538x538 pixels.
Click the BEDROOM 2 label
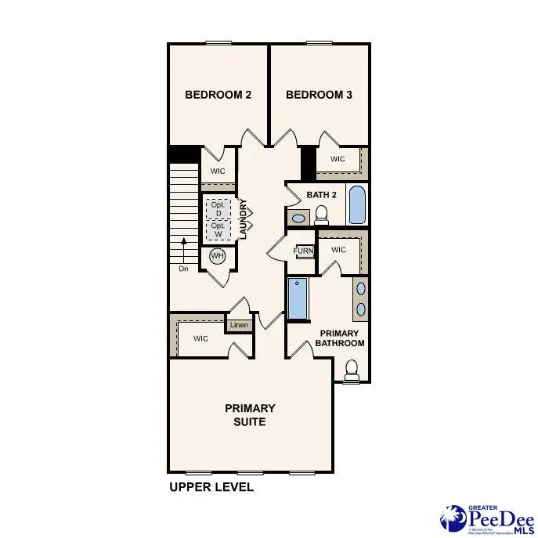[218, 95]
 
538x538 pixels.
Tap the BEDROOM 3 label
[319, 95]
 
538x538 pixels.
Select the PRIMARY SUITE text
[250, 415]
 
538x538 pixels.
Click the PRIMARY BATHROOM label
[340, 338]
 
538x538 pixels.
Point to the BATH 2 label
[321, 194]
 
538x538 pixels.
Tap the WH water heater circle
[217, 256]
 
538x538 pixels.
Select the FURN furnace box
[303, 251]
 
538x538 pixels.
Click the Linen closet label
[238, 325]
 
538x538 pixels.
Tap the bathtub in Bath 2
[356, 205]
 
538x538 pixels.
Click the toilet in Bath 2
[321, 214]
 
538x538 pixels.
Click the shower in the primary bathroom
[298, 299]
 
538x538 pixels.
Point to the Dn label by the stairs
[183, 268]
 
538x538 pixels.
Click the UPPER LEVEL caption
[211, 487]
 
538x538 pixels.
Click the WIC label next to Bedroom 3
[338, 159]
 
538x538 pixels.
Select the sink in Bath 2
[298, 218]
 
